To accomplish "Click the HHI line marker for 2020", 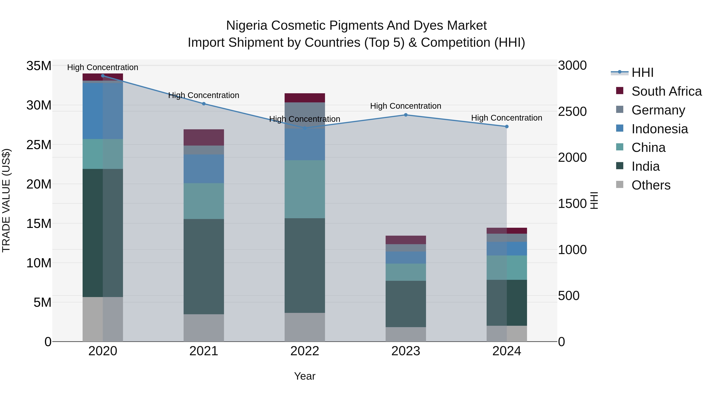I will [103, 76].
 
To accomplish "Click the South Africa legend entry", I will [666, 91].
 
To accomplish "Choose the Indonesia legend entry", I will [660, 129].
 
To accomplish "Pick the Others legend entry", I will [651, 185].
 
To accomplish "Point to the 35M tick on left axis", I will [39, 66].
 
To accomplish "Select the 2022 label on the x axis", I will [305, 351].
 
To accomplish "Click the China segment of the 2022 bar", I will [305, 189].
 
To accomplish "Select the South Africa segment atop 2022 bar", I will [305, 98].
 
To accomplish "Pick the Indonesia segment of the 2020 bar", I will [103, 111].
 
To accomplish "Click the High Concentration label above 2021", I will [204, 95].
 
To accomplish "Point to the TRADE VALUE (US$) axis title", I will [6, 200].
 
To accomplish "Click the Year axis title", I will [305, 376].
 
